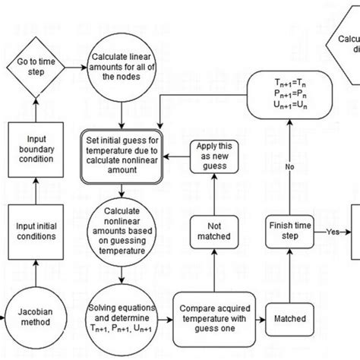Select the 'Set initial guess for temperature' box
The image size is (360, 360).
(x=123, y=156)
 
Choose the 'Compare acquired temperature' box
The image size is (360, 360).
(x=216, y=316)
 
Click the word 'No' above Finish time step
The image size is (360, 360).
(x=289, y=166)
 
